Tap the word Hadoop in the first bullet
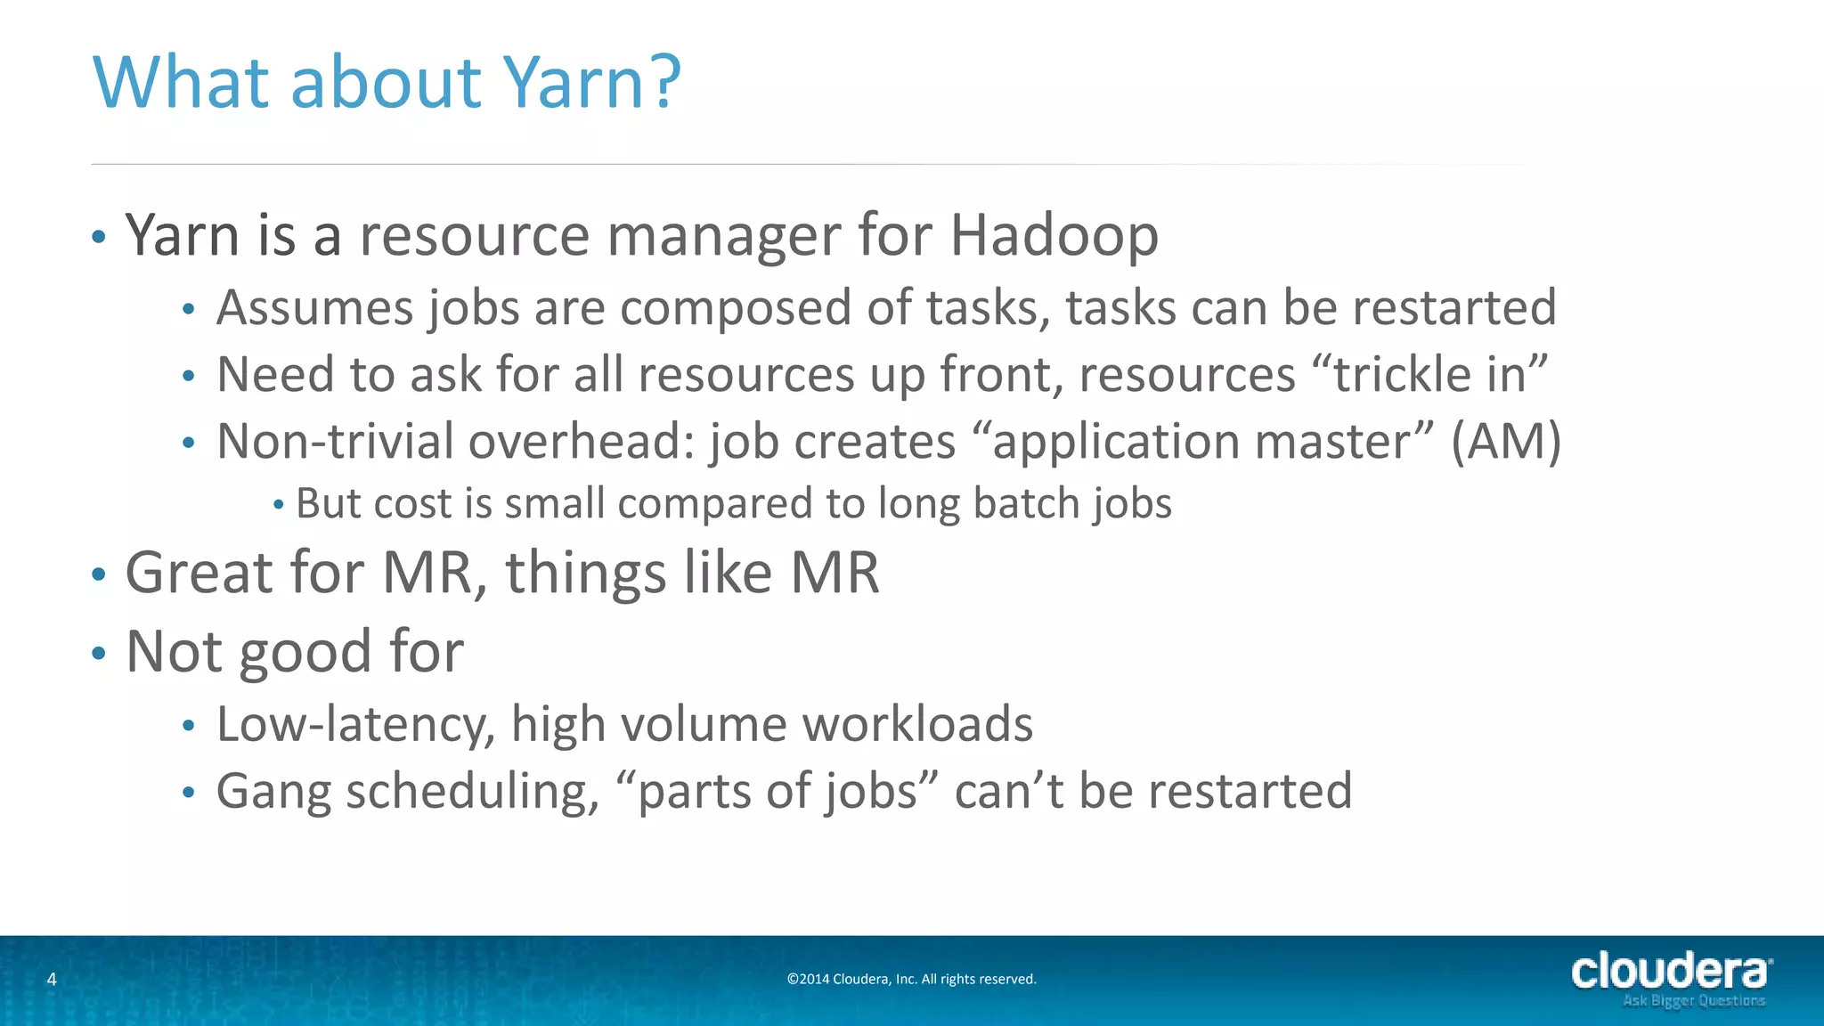[1054, 236]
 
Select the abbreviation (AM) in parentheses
[1506, 441]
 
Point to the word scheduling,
[473, 792]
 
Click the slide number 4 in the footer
[52, 980]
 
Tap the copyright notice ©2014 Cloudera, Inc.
[911, 980]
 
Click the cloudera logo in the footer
[1671, 971]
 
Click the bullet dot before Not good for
[99, 654]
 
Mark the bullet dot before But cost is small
[279, 505]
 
